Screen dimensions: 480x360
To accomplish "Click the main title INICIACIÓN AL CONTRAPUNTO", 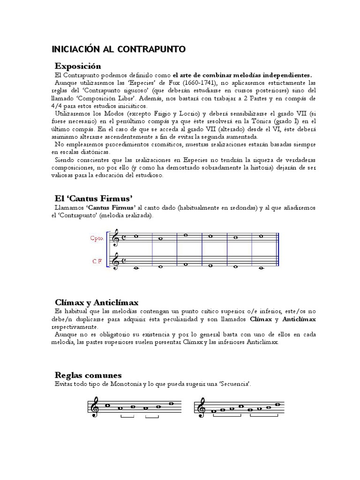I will pos(119,49).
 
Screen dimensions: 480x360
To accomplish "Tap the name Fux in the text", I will pos(173,82).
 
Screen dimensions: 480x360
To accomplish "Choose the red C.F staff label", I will pos(97,262).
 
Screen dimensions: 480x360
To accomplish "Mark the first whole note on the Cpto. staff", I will pos(135,236).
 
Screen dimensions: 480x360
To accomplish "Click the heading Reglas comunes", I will pos(88,375).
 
